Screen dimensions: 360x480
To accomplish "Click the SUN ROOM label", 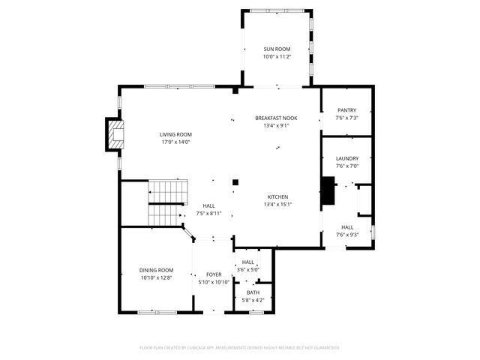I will (275, 49).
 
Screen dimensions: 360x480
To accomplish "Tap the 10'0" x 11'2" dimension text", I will (275, 56).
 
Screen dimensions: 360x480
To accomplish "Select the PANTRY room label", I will (346, 110).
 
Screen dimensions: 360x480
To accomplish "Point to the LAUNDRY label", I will (346, 158).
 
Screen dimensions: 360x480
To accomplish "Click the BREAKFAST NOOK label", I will (276, 118).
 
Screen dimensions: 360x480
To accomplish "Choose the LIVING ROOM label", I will (175, 134).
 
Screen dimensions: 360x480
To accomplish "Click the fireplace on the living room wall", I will (115, 135).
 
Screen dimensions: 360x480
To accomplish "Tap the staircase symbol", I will (166, 202).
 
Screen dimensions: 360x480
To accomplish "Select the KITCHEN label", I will (277, 196).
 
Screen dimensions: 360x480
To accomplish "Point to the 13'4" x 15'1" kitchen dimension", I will (277, 204).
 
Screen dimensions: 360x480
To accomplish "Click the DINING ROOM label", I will (156, 270).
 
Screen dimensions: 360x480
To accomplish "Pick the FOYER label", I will (214, 275).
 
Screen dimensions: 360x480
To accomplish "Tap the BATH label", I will (253, 292).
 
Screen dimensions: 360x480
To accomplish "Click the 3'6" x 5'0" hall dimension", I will (247, 269).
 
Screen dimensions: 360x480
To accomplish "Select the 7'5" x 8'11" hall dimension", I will (210, 214).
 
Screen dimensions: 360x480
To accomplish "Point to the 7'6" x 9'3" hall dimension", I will (347, 235).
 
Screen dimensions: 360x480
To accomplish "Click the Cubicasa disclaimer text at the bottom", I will (240, 347).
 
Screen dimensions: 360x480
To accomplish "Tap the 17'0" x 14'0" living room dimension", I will (175, 142).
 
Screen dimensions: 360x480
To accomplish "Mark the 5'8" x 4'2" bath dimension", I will (253, 300).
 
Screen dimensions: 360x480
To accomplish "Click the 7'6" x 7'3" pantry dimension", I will (346, 118).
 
